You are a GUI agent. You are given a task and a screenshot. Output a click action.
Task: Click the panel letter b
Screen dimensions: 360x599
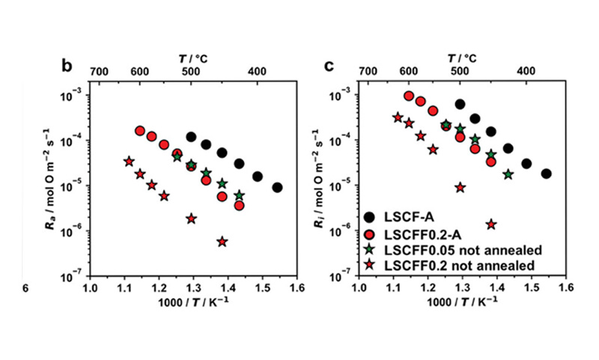[x=67, y=66]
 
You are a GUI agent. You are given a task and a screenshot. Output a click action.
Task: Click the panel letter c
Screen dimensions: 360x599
[x=329, y=66]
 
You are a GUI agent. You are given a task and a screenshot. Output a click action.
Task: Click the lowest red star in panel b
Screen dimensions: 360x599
[x=222, y=242]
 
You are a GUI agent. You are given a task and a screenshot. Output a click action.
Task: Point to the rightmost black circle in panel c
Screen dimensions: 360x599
[x=546, y=174]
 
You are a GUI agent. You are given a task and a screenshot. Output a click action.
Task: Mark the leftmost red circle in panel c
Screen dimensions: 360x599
[x=409, y=96]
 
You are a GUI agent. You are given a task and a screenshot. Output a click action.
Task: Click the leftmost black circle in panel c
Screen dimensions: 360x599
[x=460, y=104]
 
